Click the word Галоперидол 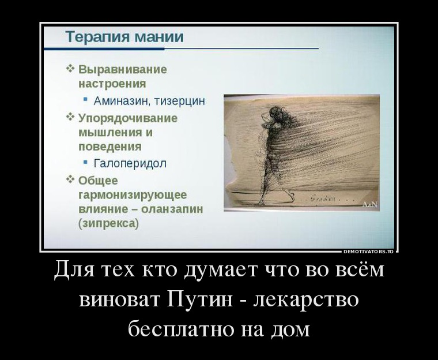pyautogui.click(x=130, y=163)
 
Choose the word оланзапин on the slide pyautogui.click(x=172, y=209)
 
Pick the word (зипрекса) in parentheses pyautogui.click(x=109, y=224)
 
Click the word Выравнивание pyautogui.click(x=123, y=69)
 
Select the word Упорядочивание pyautogui.click(x=128, y=118)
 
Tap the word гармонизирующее pyautogui.click(x=133, y=195)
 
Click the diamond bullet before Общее pyautogui.click(x=70, y=179)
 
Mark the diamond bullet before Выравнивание pyautogui.click(x=70, y=68)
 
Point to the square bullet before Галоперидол pyautogui.click(x=85, y=162)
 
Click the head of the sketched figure pyautogui.click(x=275, y=112)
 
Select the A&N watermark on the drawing pyautogui.click(x=369, y=205)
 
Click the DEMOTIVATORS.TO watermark pyautogui.click(x=368, y=252)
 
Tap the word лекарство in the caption pyautogui.click(x=307, y=299)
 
